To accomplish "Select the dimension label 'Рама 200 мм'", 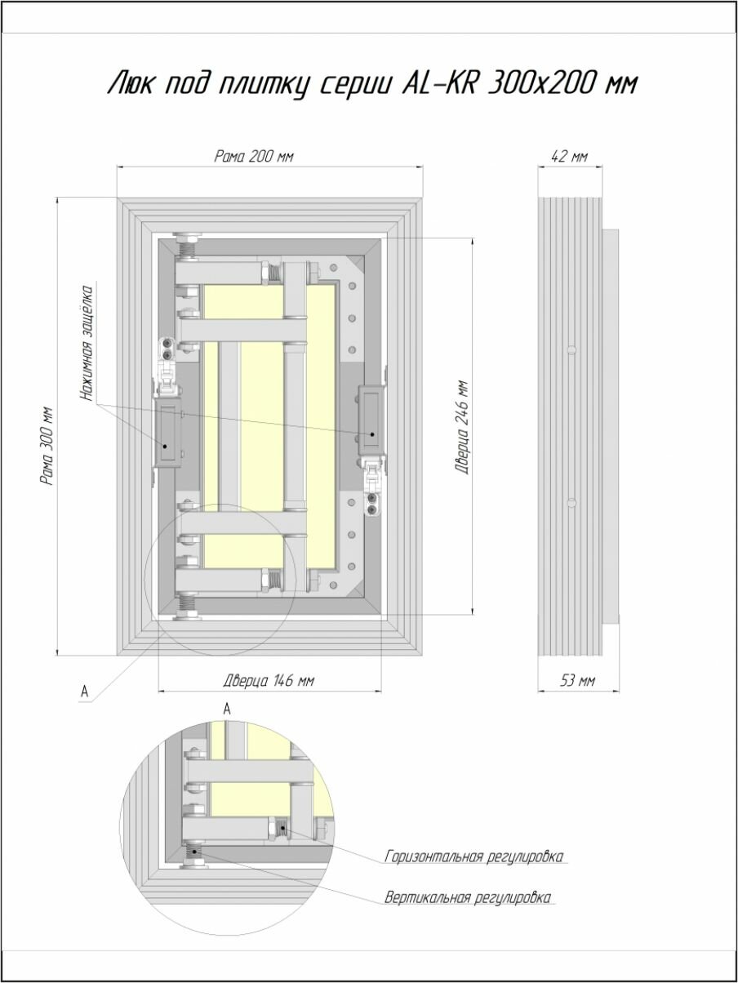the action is point(254,157).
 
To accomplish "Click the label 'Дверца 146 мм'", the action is point(269,681).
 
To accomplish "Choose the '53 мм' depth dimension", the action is point(577,681).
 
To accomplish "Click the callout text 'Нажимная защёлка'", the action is point(87,343).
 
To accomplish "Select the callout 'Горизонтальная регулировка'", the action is point(473,856).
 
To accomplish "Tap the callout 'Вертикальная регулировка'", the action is point(468,897).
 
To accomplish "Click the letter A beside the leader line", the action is point(85,692).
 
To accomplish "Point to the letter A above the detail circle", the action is point(227,709).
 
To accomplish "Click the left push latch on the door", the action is point(168,433).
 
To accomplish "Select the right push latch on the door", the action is point(371,420).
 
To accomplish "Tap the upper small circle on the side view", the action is point(571,349).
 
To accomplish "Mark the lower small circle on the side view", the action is point(571,502).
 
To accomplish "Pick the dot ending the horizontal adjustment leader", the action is point(282,827).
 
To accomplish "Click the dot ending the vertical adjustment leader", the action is point(194,851).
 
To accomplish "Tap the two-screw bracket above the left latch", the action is point(167,349).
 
